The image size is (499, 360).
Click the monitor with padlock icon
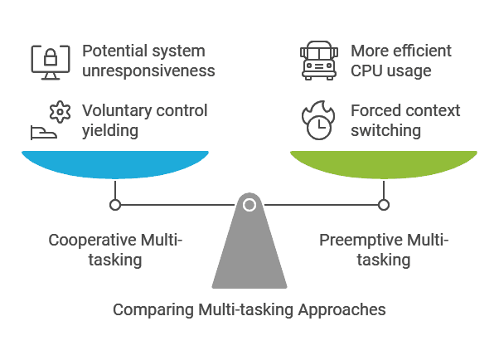49,60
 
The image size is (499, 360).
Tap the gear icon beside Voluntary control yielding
57,110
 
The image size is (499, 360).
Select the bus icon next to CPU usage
319,60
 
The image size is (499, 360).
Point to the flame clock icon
318,120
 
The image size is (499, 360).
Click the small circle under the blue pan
115,204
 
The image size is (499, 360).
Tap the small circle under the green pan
383,204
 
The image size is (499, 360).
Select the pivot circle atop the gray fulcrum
249,204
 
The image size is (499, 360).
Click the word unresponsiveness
148,71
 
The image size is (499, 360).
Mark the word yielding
111,130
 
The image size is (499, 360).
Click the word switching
385,130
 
